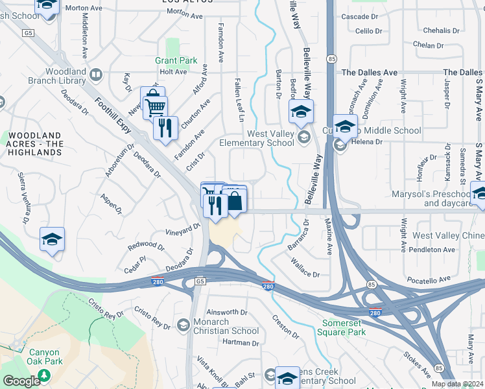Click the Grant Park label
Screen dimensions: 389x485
click(176, 60)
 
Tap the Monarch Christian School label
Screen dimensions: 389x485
click(226, 326)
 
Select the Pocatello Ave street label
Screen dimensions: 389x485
click(428, 279)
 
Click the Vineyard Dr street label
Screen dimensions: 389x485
click(183, 229)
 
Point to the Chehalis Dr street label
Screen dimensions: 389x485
click(441, 30)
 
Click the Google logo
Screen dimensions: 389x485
click(21, 381)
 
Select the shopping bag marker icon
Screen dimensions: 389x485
click(235, 201)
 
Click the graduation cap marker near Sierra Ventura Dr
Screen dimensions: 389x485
click(52, 239)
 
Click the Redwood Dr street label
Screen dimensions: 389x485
click(146, 245)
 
